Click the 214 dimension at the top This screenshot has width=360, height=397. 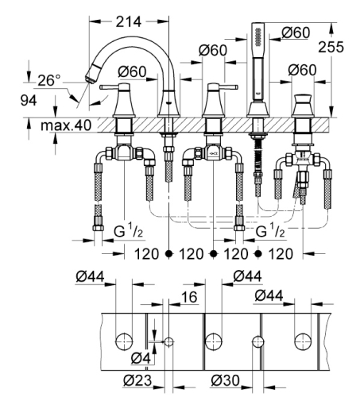point(129,22)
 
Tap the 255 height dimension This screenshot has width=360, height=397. point(331,47)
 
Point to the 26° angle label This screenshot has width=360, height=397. point(49,80)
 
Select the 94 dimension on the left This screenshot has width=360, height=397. point(29,101)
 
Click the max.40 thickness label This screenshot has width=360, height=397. point(66,125)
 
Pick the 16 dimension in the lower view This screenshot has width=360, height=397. point(189,297)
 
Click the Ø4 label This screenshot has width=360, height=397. point(141,358)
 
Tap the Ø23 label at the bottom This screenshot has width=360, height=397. point(137,380)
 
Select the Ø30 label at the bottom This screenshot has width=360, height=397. point(226,380)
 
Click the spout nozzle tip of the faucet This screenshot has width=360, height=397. point(90,79)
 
